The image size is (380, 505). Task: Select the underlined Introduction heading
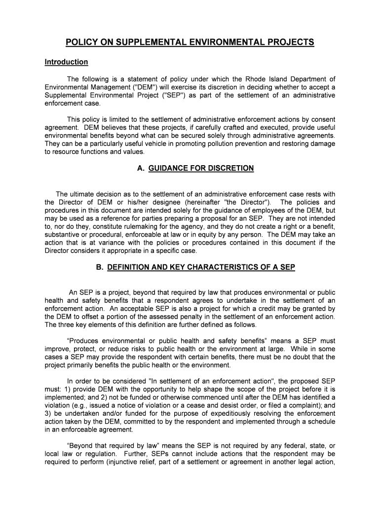[x=66, y=62]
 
